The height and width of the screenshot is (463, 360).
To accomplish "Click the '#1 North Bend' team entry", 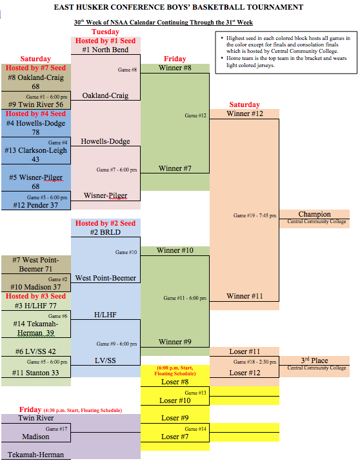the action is [105, 50].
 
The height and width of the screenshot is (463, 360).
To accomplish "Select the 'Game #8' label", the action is [127, 70].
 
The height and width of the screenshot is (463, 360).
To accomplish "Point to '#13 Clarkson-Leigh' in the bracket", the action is [35, 150].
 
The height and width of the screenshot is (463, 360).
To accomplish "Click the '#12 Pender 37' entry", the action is [35, 205].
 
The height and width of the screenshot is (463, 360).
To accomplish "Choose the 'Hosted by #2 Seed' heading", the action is [105, 223].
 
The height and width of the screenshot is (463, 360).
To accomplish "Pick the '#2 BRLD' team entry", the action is [105, 232].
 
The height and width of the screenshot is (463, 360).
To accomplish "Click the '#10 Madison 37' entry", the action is [35, 287].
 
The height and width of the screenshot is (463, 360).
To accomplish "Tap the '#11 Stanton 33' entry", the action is [35, 373].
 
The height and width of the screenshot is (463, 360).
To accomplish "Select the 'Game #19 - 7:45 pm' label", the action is [255, 215].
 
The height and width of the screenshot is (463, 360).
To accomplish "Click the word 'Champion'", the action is [315, 214].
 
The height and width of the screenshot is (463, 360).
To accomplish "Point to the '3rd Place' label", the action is [315, 360].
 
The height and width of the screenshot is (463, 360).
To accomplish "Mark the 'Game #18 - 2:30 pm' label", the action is [255, 362].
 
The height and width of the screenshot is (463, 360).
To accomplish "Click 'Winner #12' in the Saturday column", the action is [245, 113].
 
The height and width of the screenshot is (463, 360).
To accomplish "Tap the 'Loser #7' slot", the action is [175, 437].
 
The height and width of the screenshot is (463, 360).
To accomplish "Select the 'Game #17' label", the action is [56, 429].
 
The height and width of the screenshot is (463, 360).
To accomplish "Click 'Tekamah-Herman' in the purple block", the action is [35, 455].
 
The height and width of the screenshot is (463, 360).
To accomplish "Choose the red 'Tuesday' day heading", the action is [105, 32].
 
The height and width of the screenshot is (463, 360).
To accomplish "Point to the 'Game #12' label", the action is [195, 115].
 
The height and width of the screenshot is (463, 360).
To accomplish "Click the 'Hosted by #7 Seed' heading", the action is [35, 68].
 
